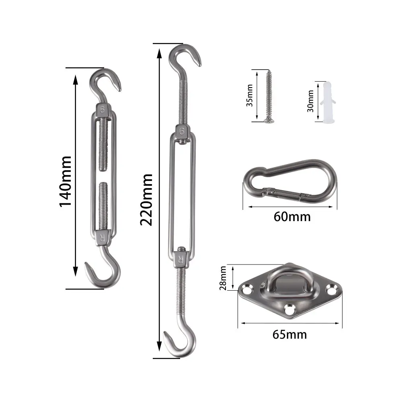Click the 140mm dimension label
(65, 181)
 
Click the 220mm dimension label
(147, 199)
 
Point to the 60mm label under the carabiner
(292, 217)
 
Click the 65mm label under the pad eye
(289, 334)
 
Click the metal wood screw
(268, 96)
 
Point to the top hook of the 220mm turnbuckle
(185, 58)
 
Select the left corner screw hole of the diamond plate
(246, 287)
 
